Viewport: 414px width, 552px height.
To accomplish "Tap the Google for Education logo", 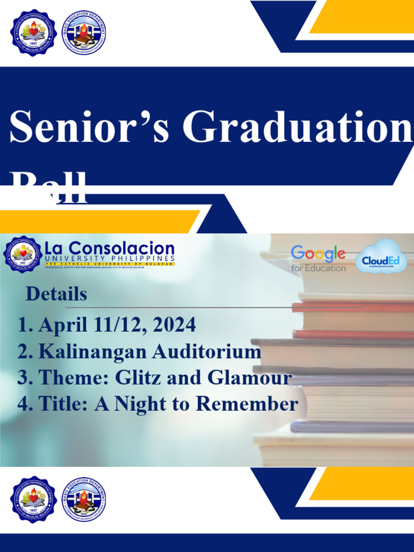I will [319, 259].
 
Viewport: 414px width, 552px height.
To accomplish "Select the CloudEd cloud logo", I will [381, 257].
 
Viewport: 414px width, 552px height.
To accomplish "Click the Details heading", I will [57, 294].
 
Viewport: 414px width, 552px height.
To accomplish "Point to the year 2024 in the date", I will [174, 325].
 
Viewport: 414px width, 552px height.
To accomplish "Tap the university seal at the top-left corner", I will [33, 32].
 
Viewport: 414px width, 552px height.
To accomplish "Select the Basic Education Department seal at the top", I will [84, 32].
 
